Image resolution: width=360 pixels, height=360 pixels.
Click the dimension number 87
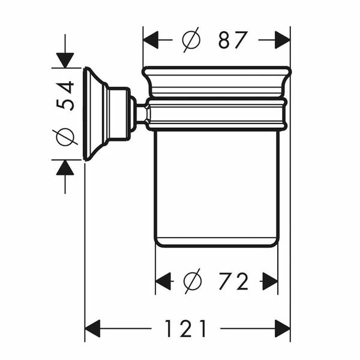click(x=233, y=40)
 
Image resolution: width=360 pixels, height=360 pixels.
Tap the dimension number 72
click(x=234, y=281)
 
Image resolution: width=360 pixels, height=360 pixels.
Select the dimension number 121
click(x=186, y=328)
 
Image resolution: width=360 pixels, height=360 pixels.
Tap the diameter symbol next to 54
click(x=66, y=137)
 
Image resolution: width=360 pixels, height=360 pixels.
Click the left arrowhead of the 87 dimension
click(x=150, y=40)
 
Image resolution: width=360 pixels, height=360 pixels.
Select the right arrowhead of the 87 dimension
click(x=283, y=40)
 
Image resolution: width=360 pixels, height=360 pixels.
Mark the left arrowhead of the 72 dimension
click(x=163, y=281)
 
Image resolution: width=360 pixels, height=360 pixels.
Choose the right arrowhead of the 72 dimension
click(x=270, y=281)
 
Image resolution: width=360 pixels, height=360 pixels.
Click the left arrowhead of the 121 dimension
click(x=93, y=328)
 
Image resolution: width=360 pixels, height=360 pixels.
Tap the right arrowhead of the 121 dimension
click(x=283, y=328)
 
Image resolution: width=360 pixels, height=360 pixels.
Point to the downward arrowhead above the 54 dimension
click(x=65, y=59)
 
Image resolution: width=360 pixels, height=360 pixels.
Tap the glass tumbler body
click(x=216, y=186)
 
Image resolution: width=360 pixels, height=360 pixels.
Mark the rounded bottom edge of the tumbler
click(x=216, y=242)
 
